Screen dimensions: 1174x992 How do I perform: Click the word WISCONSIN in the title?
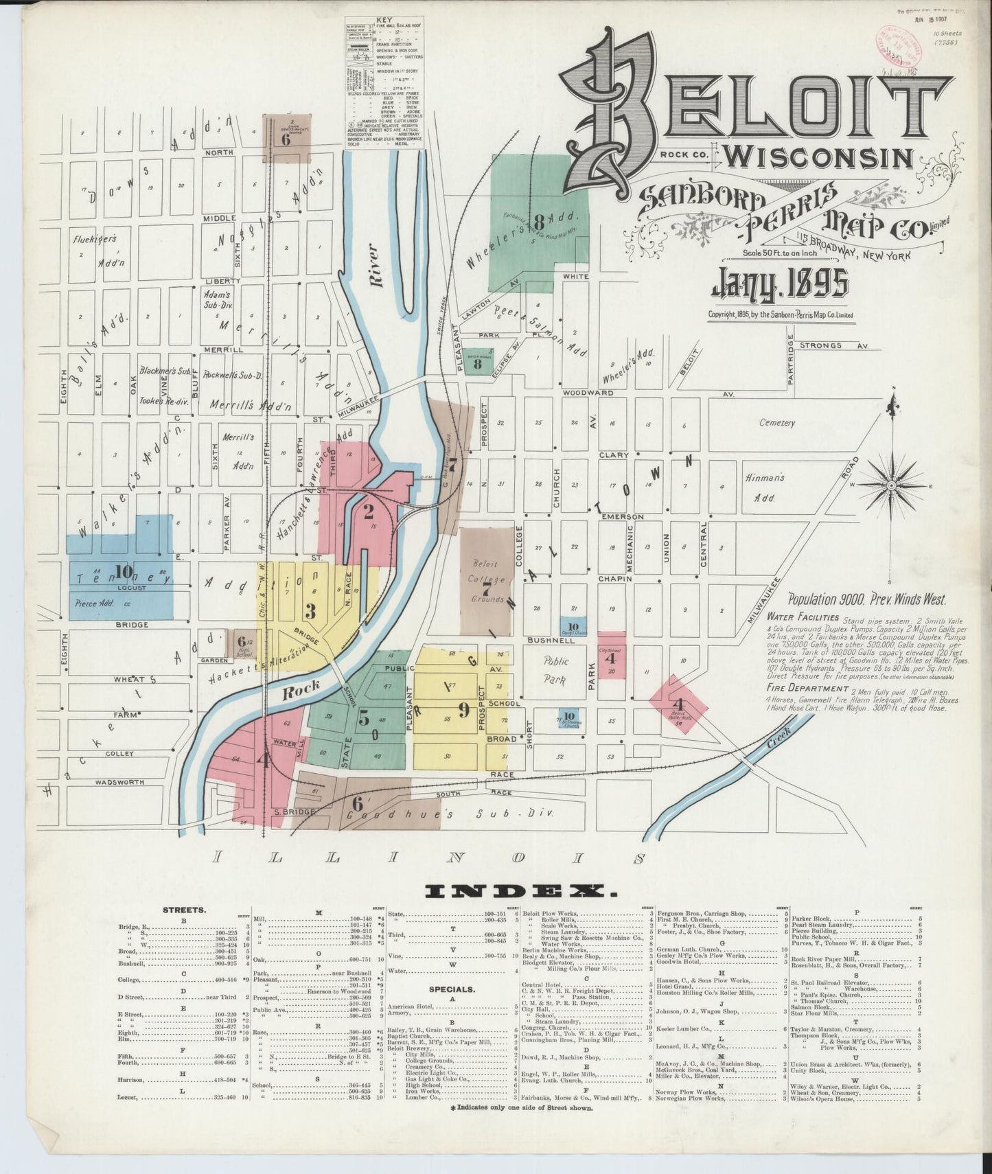(x=819, y=157)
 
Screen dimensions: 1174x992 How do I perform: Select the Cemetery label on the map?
(x=777, y=423)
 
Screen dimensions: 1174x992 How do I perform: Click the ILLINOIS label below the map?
(x=430, y=858)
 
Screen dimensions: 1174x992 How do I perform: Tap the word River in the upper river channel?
(x=374, y=275)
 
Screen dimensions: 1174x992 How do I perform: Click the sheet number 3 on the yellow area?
(x=310, y=610)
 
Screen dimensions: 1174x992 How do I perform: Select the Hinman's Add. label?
(x=762, y=487)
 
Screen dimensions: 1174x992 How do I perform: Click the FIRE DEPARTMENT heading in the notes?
(x=807, y=688)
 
